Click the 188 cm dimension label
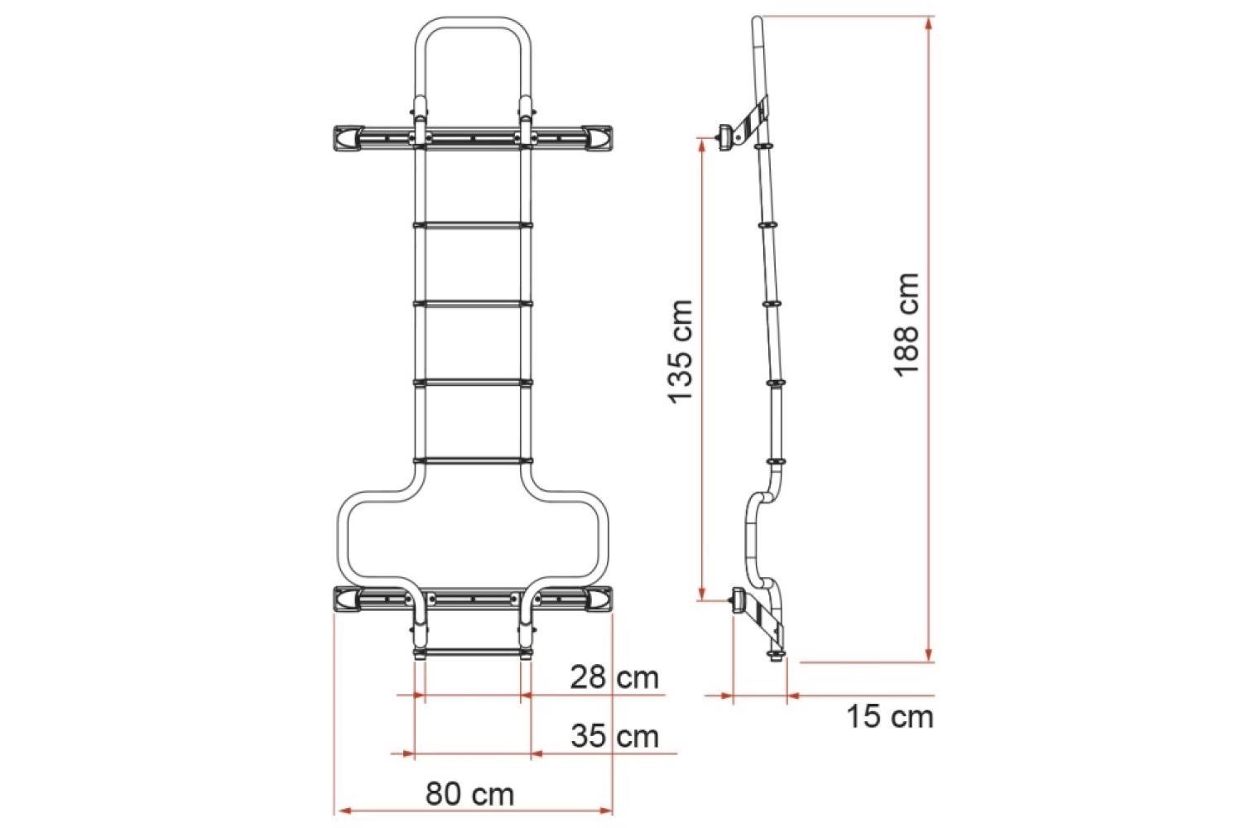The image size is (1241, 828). (x=907, y=324)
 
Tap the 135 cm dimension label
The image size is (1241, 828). (x=680, y=351)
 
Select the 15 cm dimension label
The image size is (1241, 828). (x=889, y=716)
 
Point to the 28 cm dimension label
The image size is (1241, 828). (x=613, y=677)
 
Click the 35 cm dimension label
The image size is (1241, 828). (x=614, y=735)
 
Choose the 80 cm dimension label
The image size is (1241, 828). (x=469, y=794)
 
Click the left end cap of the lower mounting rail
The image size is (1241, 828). (x=347, y=598)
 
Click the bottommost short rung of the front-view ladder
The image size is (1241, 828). (x=472, y=653)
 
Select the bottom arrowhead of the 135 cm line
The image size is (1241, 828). (x=702, y=591)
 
